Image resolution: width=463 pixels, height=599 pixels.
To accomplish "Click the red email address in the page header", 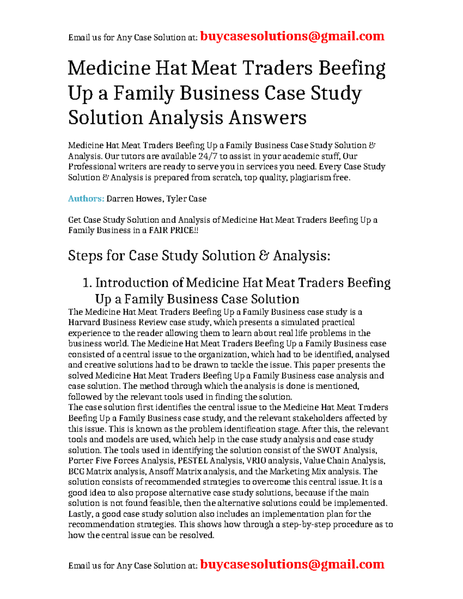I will pyautogui.click(x=292, y=36).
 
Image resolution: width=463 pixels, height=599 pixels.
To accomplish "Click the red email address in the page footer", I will pyautogui.click(x=292, y=564).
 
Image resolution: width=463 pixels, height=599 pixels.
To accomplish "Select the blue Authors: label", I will pyautogui.click(x=86, y=199).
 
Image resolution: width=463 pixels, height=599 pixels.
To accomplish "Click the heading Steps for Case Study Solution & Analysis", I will pyautogui.click(x=199, y=256).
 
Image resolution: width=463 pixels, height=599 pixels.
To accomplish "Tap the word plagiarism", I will pyautogui.click(x=310, y=177).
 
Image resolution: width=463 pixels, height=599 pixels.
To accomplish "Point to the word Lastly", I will pyautogui.click(x=80, y=514).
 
